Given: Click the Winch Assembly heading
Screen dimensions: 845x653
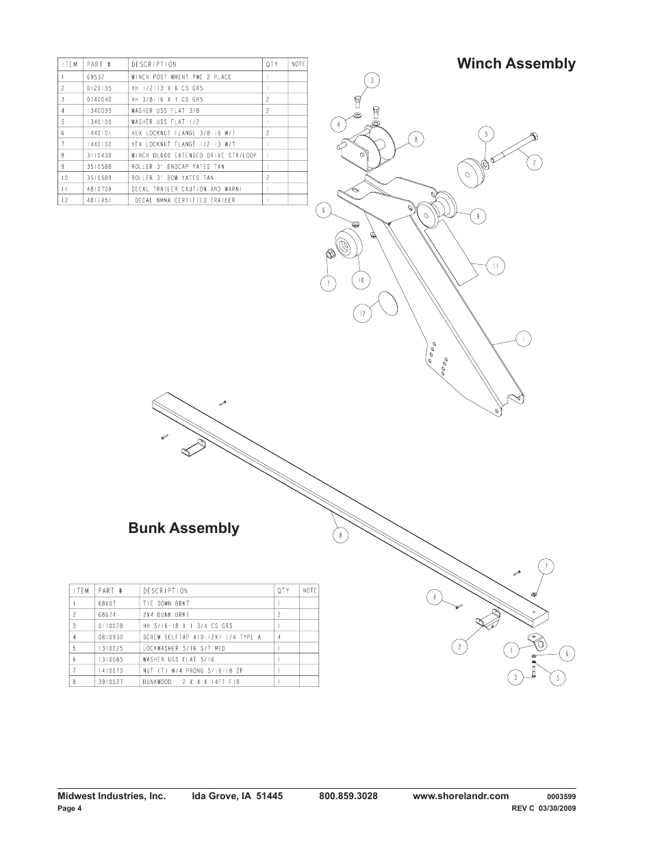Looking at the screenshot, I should (x=516, y=64).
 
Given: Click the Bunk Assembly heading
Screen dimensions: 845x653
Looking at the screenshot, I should (x=184, y=528).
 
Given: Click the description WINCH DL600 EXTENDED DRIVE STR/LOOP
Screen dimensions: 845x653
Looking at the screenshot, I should (x=194, y=155).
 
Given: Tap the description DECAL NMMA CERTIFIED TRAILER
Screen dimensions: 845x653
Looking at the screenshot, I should (x=184, y=200).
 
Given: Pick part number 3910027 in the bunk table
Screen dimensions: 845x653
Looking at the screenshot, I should (x=110, y=682).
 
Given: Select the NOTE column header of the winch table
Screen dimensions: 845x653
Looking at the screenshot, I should (x=298, y=64).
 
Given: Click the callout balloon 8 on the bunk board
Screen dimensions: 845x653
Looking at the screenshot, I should (x=340, y=535).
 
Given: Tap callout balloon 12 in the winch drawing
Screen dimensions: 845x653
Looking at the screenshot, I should (x=362, y=314).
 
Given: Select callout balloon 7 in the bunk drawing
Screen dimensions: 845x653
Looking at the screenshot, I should (x=546, y=567).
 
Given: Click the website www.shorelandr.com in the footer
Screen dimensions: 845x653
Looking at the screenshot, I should (x=461, y=796).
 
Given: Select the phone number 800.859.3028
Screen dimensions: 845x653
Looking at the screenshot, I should (x=348, y=796).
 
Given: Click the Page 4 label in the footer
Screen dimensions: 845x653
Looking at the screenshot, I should (x=69, y=809).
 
